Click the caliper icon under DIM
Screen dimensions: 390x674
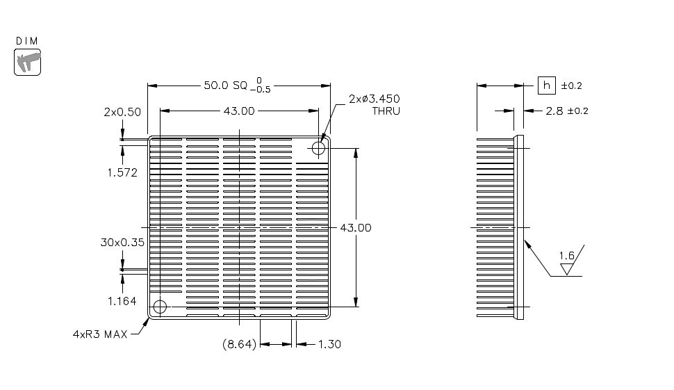[28, 61]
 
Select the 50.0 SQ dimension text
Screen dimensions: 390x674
[225, 86]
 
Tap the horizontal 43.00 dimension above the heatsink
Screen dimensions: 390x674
[238, 111]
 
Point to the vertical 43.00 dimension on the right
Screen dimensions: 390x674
[356, 227]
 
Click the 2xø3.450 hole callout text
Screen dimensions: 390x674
[375, 99]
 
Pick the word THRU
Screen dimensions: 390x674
[386, 111]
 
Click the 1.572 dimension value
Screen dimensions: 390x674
[122, 172]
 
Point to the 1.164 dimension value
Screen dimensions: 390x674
[122, 301]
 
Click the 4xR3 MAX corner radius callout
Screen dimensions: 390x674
[100, 334]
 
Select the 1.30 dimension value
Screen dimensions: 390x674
[329, 344]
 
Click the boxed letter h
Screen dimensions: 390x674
[547, 86]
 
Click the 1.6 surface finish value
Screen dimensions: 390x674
[568, 256]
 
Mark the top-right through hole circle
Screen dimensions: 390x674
[319, 147]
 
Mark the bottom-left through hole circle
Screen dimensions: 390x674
[160, 307]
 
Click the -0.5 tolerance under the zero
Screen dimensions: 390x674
[263, 90]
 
